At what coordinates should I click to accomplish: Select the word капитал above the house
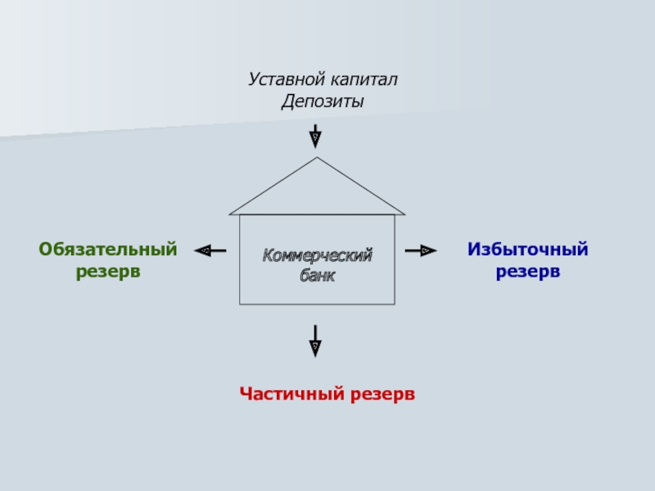[x=364, y=80]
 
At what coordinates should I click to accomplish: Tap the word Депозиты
[x=323, y=102]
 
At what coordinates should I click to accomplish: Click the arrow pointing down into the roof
[x=315, y=136]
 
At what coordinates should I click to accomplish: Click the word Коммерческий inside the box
[x=317, y=256]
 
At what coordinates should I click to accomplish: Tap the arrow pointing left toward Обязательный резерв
[x=210, y=250]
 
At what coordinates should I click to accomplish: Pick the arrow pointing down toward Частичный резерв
[x=315, y=340]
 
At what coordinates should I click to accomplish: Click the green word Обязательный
[x=107, y=249]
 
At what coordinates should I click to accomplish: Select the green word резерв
[x=108, y=270]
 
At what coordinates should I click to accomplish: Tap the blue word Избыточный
[x=528, y=249]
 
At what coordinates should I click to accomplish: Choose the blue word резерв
[x=528, y=270]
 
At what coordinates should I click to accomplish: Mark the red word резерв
[x=383, y=394]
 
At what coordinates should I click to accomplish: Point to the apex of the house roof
[x=317, y=159]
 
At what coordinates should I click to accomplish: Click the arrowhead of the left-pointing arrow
[x=202, y=250]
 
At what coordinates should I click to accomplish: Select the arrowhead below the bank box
[x=315, y=349]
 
